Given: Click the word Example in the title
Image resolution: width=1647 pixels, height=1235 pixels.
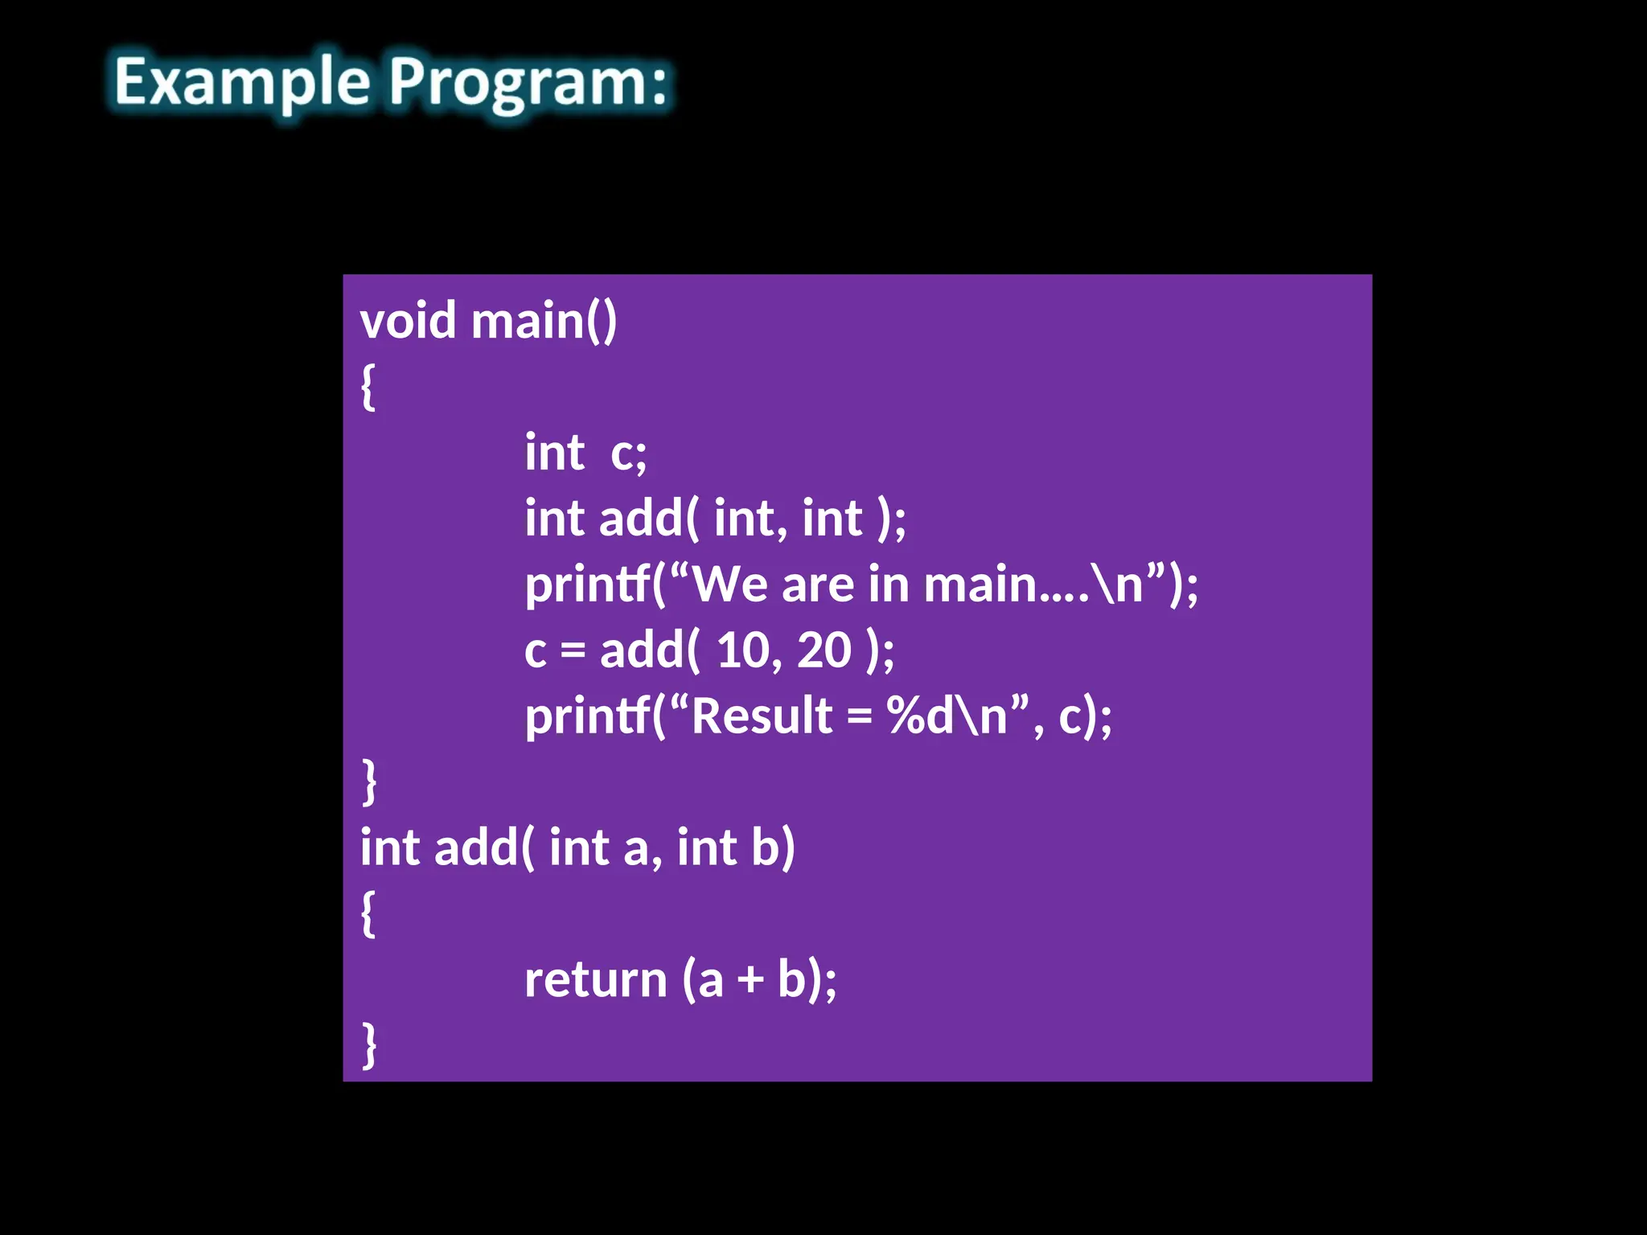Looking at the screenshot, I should [241, 83].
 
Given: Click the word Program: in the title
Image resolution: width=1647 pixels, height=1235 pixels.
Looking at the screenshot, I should [528, 83].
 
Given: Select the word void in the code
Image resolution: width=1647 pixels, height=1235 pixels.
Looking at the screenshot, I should [408, 321].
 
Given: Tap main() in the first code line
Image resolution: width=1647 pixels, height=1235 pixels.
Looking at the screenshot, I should [544, 321].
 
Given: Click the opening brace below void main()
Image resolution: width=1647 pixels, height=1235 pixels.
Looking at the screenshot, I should [368, 387].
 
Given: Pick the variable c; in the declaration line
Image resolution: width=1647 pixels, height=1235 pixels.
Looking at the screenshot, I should [628, 453].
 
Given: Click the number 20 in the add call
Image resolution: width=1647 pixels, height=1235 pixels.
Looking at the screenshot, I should [823, 650].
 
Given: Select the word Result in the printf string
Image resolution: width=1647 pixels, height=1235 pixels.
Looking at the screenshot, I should [762, 716].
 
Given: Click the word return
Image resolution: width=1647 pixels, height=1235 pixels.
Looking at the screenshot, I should [595, 980].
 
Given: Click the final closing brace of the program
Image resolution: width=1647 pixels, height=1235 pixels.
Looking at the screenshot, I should [369, 1045].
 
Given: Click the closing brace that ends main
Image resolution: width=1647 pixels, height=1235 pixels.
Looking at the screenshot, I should [369, 782].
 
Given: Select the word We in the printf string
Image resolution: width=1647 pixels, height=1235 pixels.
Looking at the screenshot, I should [729, 584].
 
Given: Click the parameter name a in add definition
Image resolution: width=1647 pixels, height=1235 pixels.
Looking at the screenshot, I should [635, 849].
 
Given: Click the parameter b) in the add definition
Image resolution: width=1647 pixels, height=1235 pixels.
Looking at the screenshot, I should [773, 847].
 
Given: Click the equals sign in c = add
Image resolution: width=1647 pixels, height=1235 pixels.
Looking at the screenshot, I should [573, 651].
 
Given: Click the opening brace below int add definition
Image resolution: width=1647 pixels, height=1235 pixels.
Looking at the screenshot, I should [368, 913].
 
